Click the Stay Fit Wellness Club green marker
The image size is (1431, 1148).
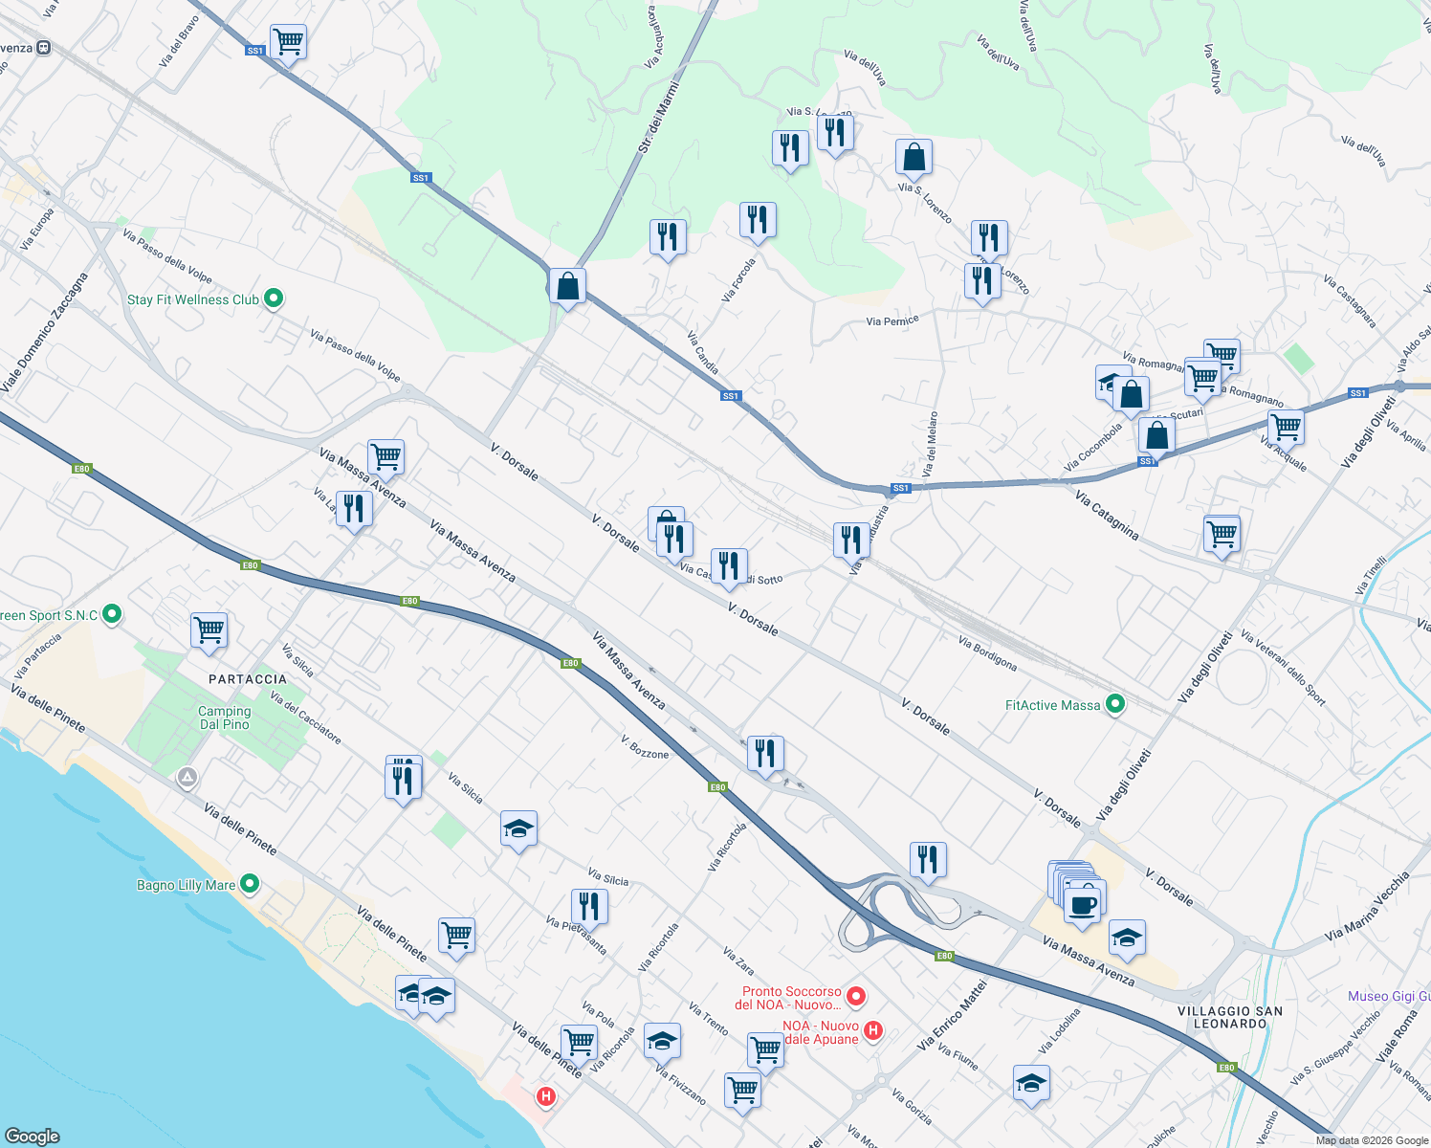273,299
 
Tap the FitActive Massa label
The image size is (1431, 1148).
1052,705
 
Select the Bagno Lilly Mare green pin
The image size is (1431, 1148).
250,884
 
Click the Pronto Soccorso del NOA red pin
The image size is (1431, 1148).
856,997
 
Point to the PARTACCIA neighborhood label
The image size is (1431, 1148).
248,679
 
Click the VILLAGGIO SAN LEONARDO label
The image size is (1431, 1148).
1230,1017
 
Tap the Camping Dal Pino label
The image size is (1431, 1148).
225,717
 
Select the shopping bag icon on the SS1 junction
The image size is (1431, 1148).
567,286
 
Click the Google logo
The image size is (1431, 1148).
32,1137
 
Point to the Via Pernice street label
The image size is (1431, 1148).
892,320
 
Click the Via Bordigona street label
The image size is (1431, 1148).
987,653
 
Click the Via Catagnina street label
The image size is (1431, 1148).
1107,516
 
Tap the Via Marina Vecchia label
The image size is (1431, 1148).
1367,906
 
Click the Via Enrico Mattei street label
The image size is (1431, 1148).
952,1014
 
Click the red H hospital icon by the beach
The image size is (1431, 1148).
545,1096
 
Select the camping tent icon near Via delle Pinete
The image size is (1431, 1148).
187,779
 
